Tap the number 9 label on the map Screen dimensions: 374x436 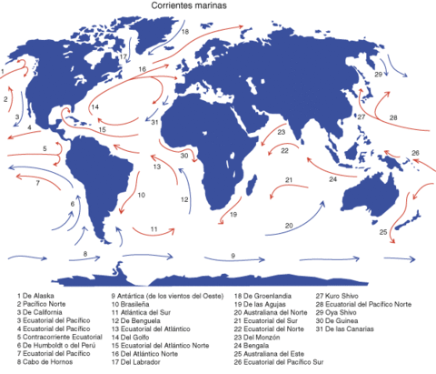pyautogui.click(x=233, y=257)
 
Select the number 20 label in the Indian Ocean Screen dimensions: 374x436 pyautogui.click(x=290, y=225)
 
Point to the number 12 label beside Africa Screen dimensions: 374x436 pyautogui.click(x=183, y=199)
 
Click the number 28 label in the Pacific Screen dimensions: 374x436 pyautogui.click(x=393, y=118)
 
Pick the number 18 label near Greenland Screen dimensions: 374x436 pyautogui.click(x=184, y=31)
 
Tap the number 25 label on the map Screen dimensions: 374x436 pyautogui.click(x=383, y=233)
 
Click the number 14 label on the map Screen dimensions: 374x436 pyautogui.click(x=94, y=107)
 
